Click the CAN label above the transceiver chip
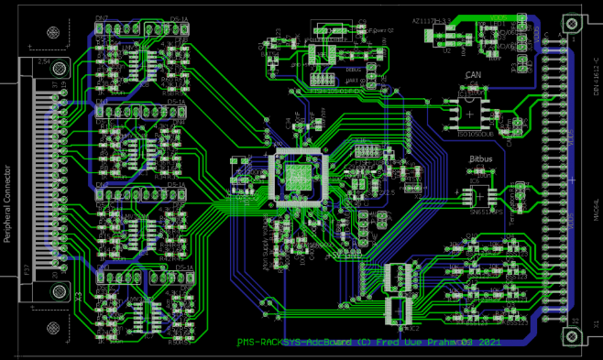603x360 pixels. tap(473, 75)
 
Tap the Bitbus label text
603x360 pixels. tap(481, 159)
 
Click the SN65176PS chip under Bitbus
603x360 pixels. tap(481, 196)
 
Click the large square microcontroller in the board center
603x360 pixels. tap(297, 173)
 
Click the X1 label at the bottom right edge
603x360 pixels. tap(596, 323)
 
